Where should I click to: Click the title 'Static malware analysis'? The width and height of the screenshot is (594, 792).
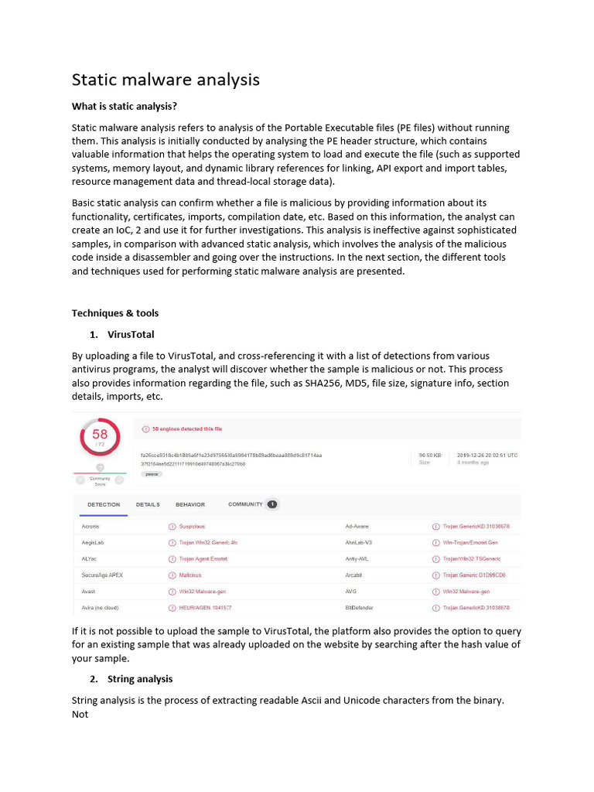point(166,80)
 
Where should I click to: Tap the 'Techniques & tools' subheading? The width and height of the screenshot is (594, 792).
point(115,313)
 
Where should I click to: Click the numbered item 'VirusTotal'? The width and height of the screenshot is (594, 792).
point(131,335)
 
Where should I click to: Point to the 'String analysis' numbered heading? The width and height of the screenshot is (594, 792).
point(140,679)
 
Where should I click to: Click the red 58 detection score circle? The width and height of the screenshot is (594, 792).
point(100,437)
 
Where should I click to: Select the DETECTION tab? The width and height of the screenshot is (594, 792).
point(98,505)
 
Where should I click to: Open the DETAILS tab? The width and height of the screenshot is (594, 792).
point(148,505)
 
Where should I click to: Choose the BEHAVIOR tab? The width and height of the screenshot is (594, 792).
point(190,505)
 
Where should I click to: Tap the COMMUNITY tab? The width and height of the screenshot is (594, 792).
point(245,504)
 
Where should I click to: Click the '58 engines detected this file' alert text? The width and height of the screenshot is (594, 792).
point(186,429)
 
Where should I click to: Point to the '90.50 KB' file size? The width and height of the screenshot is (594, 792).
point(430,456)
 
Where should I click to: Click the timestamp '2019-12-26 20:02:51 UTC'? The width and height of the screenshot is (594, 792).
point(487,456)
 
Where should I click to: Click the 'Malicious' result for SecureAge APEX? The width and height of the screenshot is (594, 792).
point(189,575)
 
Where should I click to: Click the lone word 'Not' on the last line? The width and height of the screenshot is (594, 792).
point(80,715)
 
